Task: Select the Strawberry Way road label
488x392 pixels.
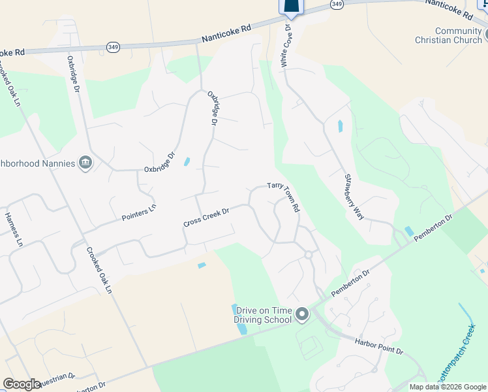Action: point(355,197)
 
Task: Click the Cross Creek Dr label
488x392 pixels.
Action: point(207,218)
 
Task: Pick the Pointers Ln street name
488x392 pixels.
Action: point(139,212)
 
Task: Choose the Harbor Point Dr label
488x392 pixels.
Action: point(378,346)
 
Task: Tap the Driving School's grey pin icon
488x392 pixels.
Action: point(301,315)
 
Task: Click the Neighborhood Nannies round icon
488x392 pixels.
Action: point(85,163)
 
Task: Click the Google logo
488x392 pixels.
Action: point(22,384)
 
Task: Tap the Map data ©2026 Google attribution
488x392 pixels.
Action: point(448,387)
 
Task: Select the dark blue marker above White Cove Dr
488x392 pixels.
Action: point(292,7)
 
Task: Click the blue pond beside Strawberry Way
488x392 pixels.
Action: point(340,126)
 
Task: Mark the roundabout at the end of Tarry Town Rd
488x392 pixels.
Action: point(309,255)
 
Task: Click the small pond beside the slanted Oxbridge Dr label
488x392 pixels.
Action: point(187,161)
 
